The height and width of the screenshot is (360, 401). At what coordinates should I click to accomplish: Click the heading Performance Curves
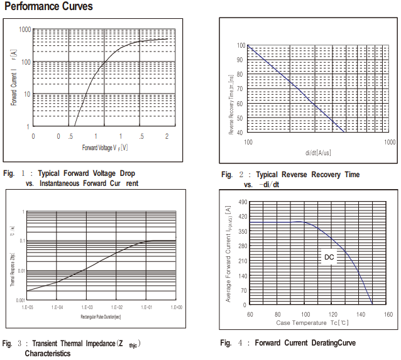(48, 7)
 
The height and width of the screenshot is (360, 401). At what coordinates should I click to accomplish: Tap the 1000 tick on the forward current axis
(25, 30)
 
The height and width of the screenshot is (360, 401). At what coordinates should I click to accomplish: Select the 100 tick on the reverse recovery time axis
(241, 46)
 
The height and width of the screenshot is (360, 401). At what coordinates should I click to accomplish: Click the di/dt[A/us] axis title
(318, 153)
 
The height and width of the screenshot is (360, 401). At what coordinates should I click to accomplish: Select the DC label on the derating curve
(329, 257)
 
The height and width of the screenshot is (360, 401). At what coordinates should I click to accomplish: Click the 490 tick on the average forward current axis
(243, 203)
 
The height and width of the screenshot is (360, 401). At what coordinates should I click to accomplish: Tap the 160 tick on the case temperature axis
(388, 314)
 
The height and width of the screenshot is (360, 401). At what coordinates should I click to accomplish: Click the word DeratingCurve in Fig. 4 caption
(333, 343)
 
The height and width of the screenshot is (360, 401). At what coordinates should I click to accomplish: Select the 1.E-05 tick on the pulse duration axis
(27, 308)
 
